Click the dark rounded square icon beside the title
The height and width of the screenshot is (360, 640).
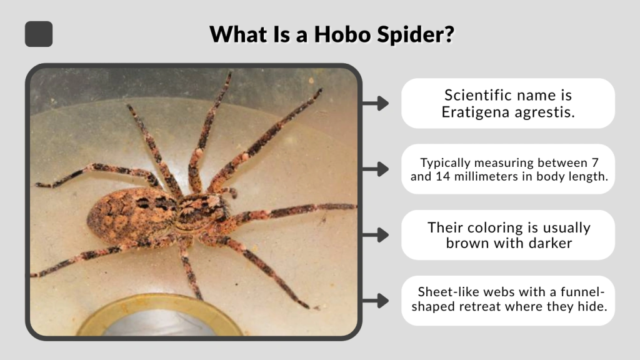click(x=39, y=34)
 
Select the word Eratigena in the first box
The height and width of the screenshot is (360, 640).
click(x=472, y=112)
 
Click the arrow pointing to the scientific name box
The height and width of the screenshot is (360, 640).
click(x=375, y=103)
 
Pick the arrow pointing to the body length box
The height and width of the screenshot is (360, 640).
click(x=375, y=169)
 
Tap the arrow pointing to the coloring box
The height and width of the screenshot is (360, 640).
click(x=375, y=235)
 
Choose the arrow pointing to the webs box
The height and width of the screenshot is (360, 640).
click(x=375, y=301)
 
